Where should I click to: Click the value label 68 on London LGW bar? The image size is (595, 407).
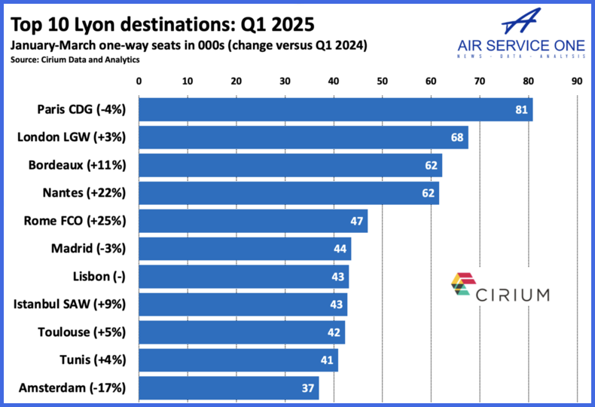point(456,137)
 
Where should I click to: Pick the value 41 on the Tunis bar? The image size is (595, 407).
point(327,360)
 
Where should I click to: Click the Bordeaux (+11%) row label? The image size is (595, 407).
point(77,165)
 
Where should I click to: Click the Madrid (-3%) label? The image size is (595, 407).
point(88,249)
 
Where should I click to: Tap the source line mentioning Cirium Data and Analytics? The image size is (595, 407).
point(75,59)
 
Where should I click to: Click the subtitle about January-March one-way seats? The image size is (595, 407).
point(188,44)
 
